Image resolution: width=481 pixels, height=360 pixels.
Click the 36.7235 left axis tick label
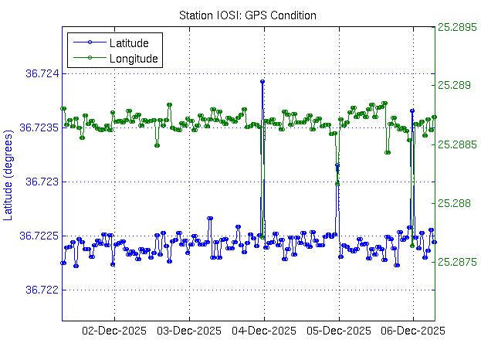[x=40, y=127]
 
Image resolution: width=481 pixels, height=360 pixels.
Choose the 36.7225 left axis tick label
[x=40, y=236]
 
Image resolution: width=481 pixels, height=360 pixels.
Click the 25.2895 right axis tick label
[x=458, y=26]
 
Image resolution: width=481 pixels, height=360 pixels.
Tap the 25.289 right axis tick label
[x=455, y=85]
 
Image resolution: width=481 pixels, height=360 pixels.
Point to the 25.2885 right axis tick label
[x=458, y=144]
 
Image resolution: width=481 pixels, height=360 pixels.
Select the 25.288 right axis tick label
[x=455, y=203]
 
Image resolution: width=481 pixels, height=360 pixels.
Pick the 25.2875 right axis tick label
[x=458, y=263]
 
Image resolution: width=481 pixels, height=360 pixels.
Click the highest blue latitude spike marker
[x=263, y=81]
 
